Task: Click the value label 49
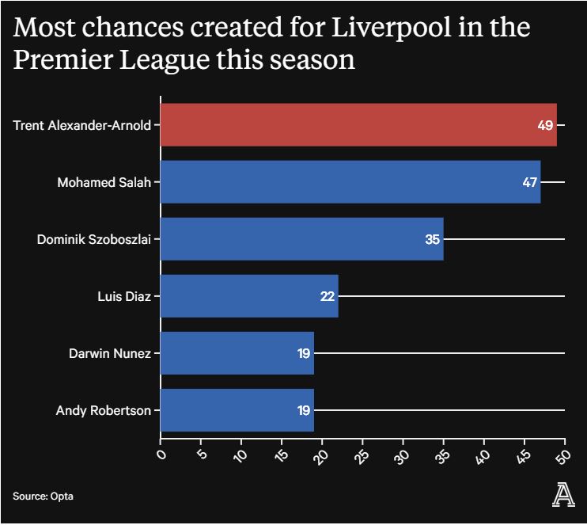click(x=545, y=125)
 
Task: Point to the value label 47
click(x=529, y=182)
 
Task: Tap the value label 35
click(x=432, y=239)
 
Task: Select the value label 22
click(x=328, y=296)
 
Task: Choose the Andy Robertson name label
click(x=103, y=410)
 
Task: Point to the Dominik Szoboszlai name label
click(x=93, y=239)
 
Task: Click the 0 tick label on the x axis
click(x=161, y=455)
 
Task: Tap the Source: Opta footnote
click(x=44, y=496)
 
